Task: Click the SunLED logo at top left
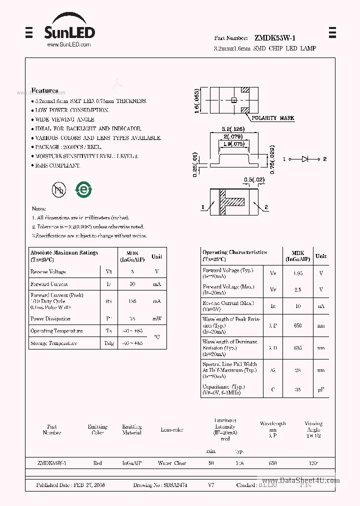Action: pyautogui.click(x=69, y=31)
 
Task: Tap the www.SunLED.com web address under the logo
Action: pyautogui.click(x=68, y=45)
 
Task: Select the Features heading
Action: pyautogui.click(x=44, y=90)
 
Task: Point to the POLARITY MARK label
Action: pyautogui.click(x=272, y=118)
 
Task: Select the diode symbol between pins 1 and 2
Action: pyautogui.click(x=305, y=159)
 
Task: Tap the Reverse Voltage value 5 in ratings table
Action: pyautogui.click(x=132, y=271)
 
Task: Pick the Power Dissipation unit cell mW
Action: pyautogui.click(x=156, y=318)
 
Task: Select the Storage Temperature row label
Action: pyautogui.click(x=53, y=343)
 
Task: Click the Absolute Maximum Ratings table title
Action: pyautogui.click(x=64, y=253)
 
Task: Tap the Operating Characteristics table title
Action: pyautogui.click(x=234, y=252)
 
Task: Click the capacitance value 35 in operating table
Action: pyautogui.click(x=298, y=389)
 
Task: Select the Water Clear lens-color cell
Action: pyautogui.click(x=171, y=463)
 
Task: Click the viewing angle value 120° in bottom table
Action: pyautogui.click(x=313, y=463)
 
